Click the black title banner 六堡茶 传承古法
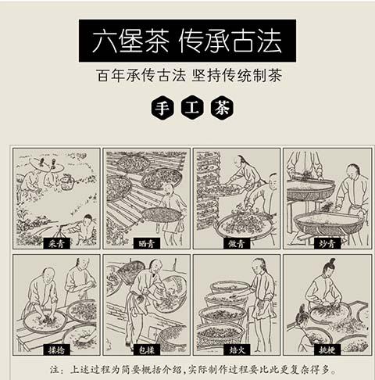point(187,39)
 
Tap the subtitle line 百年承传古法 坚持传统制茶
point(187,76)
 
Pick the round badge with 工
point(188,108)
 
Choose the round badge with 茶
point(219,108)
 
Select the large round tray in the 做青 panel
point(244,222)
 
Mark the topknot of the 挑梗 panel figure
point(323,261)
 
